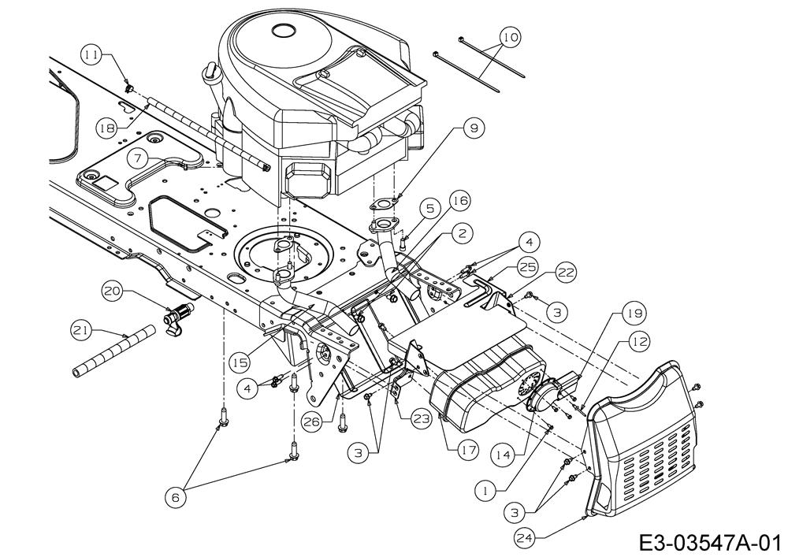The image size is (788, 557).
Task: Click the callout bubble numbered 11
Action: [91, 54]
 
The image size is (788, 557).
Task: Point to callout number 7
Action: [138, 158]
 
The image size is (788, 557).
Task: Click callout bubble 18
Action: [107, 127]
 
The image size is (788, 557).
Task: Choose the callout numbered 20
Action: [113, 291]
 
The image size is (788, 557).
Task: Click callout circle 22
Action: [564, 273]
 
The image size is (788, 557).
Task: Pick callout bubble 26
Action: [313, 422]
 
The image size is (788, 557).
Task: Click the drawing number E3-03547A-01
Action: [708, 543]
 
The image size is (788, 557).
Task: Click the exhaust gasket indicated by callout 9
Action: [383, 203]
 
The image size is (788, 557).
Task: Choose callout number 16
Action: [460, 201]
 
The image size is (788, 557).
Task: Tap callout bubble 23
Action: [422, 420]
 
